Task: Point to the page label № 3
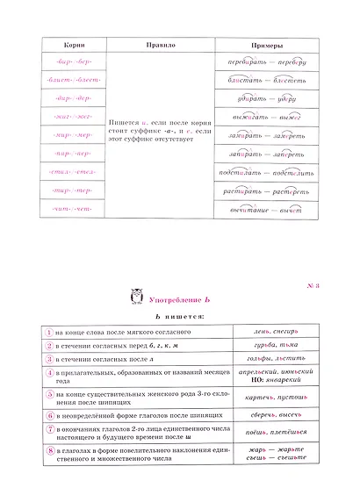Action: pos(314,285)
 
